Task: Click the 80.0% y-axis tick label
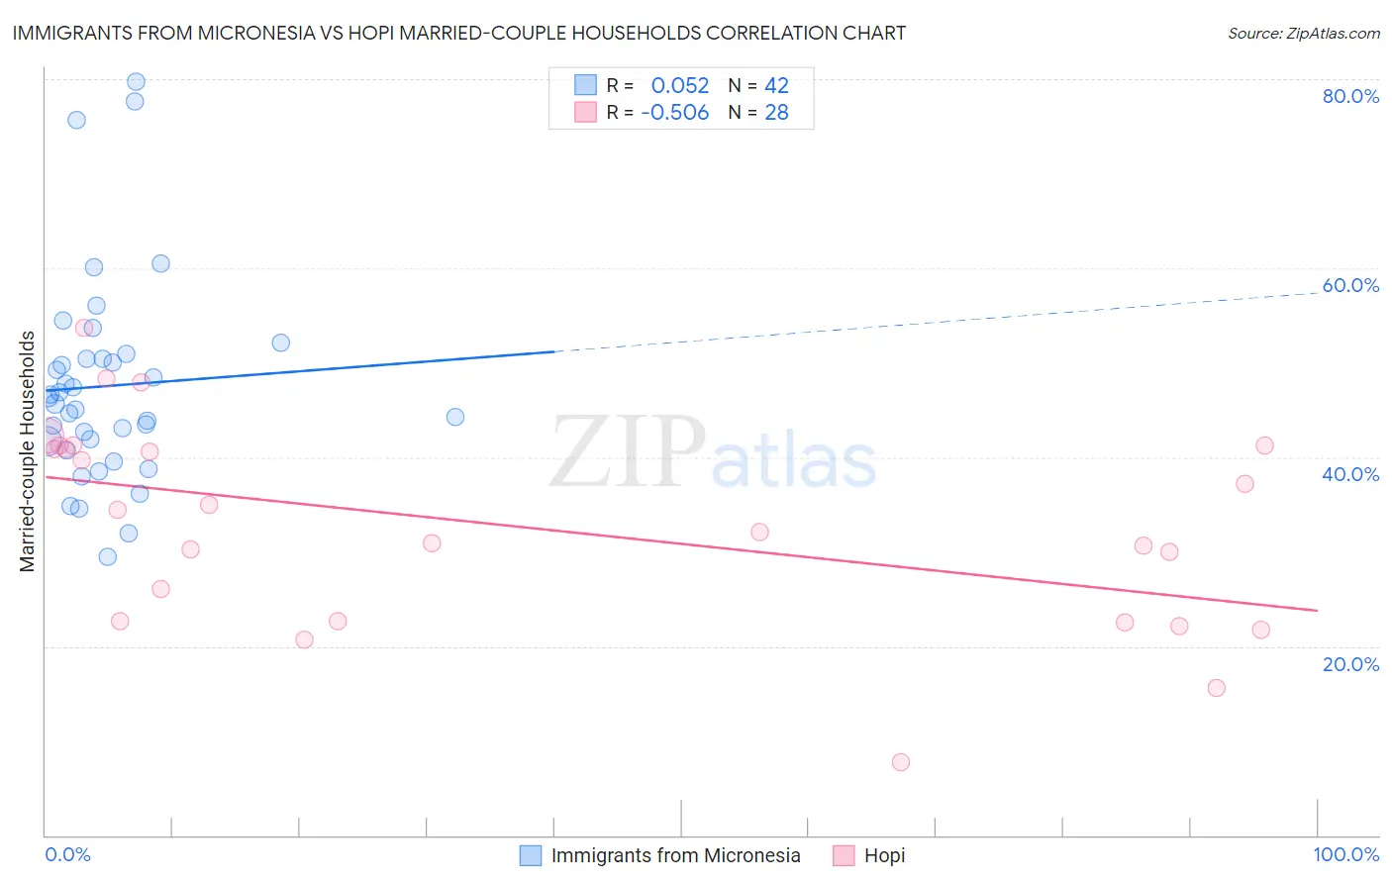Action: (x=1350, y=96)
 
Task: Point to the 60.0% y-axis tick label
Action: (x=1350, y=285)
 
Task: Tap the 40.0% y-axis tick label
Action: (x=1350, y=474)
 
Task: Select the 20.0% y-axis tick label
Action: (x=1350, y=664)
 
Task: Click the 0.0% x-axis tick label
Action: (x=67, y=854)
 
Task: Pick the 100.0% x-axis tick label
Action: (x=1345, y=854)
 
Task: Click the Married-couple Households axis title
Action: (x=28, y=451)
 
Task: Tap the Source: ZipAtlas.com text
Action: (x=1303, y=34)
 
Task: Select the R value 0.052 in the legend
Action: (x=679, y=86)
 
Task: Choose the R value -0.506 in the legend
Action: (x=674, y=113)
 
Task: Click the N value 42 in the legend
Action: (x=776, y=86)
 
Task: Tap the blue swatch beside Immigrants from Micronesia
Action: (x=531, y=855)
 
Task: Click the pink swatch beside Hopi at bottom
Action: (x=844, y=855)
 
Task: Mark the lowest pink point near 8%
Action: (x=900, y=762)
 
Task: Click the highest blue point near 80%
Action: (x=137, y=82)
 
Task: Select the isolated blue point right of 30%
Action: (x=455, y=417)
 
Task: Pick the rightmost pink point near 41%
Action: (x=1264, y=445)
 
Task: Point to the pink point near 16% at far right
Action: (x=1217, y=688)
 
